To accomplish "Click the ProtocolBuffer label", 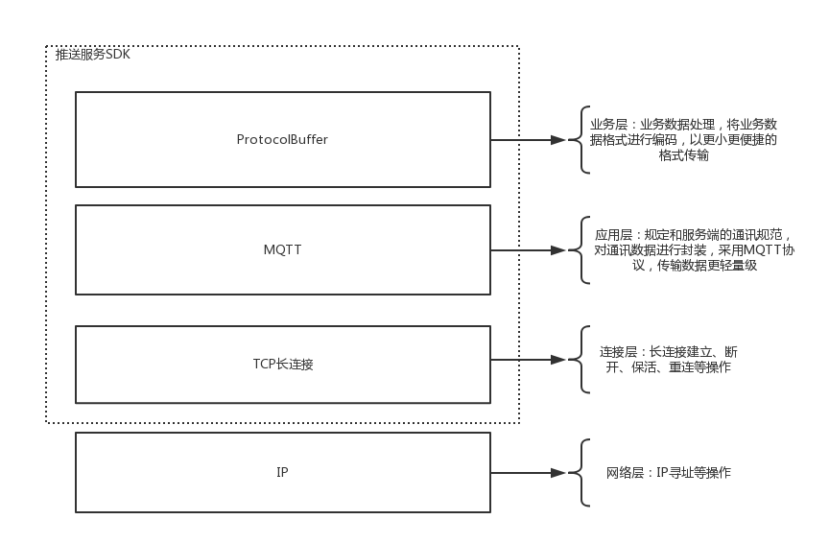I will (282, 139).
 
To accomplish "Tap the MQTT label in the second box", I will (282, 249).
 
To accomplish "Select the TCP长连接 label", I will (282, 364).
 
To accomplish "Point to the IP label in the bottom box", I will (282, 472).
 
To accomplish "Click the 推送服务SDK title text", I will (92, 55).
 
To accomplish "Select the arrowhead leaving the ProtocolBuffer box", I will (557, 140).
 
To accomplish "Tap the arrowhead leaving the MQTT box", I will (557, 250).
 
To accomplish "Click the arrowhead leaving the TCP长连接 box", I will (557, 361).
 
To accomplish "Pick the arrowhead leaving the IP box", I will (557, 473).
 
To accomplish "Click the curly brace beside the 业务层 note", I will (582, 140).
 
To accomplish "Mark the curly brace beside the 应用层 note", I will (582, 250).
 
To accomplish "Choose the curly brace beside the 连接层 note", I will (582, 361).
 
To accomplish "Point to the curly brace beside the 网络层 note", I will (582, 473).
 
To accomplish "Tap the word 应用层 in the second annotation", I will (613, 235).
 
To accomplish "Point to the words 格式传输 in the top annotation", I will (684, 154).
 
